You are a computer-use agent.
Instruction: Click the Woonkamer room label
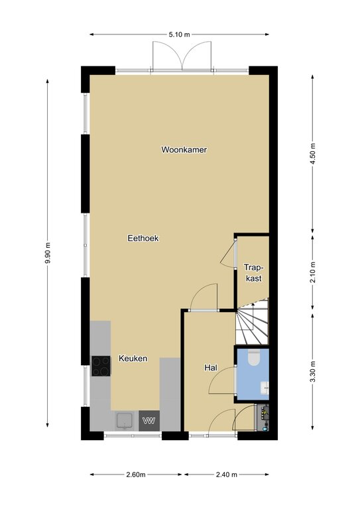(184, 150)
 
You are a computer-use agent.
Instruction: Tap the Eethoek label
(143, 239)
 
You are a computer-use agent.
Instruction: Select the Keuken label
(133, 359)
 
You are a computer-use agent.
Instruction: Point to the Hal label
(211, 367)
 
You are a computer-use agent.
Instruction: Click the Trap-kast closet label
(254, 272)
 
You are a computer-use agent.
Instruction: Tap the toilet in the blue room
(254, 357)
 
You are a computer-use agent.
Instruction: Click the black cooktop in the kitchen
(101, 366)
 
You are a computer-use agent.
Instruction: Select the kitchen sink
(125, 421)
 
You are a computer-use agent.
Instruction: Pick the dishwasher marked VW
(149, 421)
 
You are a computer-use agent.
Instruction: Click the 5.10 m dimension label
(179, 34)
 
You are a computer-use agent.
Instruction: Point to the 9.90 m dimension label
(48, 253)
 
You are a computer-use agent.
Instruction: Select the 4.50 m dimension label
(313, 154)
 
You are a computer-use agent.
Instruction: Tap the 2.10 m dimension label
(313, 272)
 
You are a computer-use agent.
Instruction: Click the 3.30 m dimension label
(313, 372)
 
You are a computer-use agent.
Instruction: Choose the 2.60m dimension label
(136, 475)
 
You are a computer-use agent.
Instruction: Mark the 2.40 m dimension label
(227, 475)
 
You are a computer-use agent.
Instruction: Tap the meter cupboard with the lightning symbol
(263, 418)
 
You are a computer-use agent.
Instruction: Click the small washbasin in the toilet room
(265, 387)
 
